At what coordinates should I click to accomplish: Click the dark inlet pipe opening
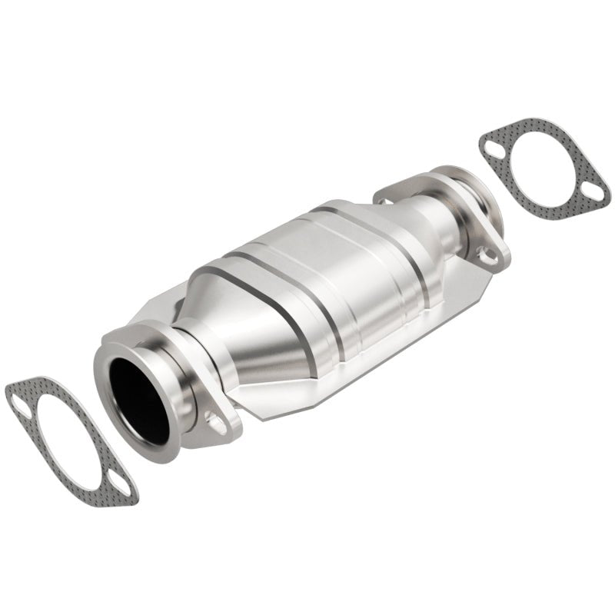click(x=138, y=401)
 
